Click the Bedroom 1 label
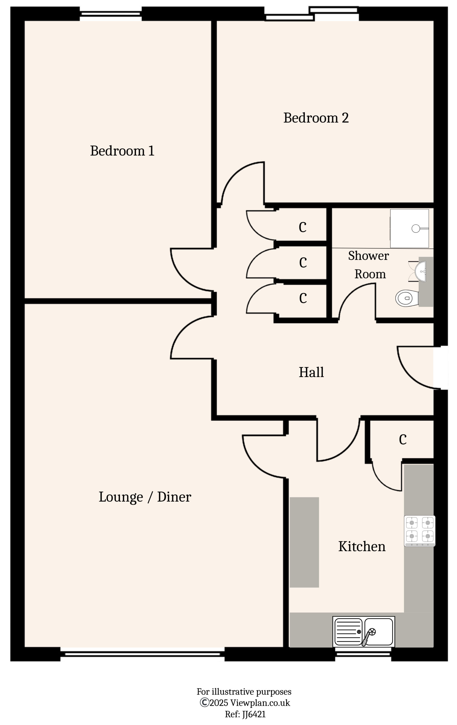click(x=122, y=151)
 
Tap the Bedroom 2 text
click(x=316, y=118)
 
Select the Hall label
click(x=311, y=373)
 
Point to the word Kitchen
click(x=362, y=546)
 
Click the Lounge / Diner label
click(x=145, y=497)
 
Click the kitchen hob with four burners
click(x=419, y=531)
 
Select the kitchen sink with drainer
click(x=363, y=632)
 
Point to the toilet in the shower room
click(x=406, y=298)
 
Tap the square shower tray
click(x=409, y=229)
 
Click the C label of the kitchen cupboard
click(x=403, y=440)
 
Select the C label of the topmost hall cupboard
click(x=302, y=227)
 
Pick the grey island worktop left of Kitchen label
click(x=304, y=542)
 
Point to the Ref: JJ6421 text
click(x=245, y=714)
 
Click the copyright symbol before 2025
click(x=204, y=702)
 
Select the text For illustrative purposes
click(x=244, y=692)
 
